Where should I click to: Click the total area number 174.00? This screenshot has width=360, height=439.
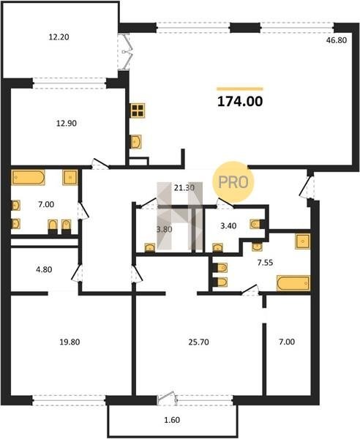(240, 102)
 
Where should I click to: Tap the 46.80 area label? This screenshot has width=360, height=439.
(337, 40)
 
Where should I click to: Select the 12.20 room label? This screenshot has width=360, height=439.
(59, 37)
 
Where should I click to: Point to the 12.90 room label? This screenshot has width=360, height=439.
(67, 123)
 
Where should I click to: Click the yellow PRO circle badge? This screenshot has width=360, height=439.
(233, 182)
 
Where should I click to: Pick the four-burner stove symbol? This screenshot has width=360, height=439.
(138, 110)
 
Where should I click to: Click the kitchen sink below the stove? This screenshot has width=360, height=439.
(136, 142)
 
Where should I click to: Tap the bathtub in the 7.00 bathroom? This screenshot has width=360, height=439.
(29, 177)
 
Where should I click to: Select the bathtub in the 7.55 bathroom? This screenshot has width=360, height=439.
(293, 283)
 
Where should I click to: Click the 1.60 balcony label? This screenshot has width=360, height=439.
(172, 420)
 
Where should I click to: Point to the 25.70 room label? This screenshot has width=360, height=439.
(198, 342)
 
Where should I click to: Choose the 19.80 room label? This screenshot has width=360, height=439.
(70, 342)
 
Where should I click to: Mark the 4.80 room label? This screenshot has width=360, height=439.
(44, 269)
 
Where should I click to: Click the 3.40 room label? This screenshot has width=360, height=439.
(228, 225)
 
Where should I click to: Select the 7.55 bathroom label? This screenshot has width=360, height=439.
(265, 263)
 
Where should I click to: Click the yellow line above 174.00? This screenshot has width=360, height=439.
(240, 89)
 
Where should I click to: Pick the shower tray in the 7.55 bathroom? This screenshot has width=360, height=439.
(303, 241)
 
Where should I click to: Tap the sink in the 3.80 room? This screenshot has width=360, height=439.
(150, 247)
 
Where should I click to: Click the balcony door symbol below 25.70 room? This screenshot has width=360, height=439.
(167, 399)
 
